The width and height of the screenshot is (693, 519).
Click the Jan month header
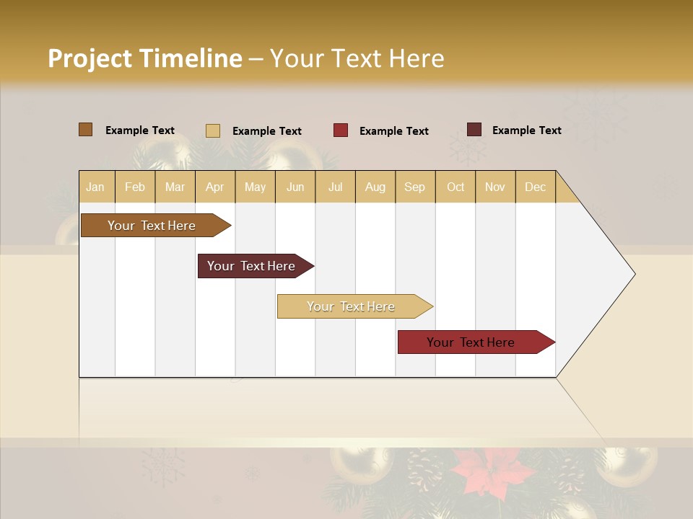(x=96, y=187)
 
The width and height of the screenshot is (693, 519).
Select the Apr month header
(x=215, y=187)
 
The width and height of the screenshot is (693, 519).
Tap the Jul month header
(x=335, y=187)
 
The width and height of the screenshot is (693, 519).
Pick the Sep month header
(x=414, y=187)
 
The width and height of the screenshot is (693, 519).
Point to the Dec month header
(x=535, y=187)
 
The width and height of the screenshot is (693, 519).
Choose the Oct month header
(x=456, y=187)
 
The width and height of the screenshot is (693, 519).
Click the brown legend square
(x=86, y=130)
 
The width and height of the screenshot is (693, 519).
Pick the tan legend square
(x=213, y=130)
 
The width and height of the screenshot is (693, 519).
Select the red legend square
(x=341, y=130)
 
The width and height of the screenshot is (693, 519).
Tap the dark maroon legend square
(x=474, y=130)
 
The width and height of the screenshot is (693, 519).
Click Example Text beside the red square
(x=393, y=131)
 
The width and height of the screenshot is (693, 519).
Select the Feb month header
(x=135, y=187)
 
